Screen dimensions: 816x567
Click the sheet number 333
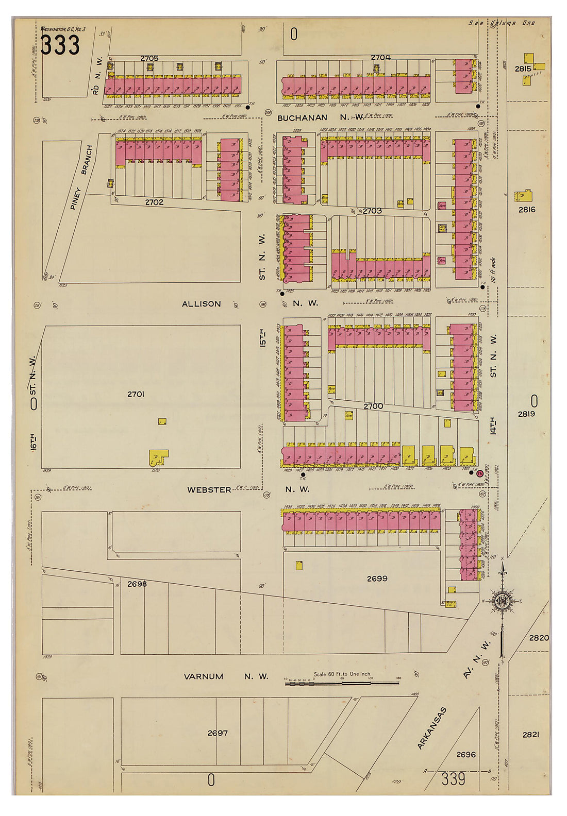click(60, 45)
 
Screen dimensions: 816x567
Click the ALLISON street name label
click(201, 304)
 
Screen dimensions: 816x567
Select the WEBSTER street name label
click(209, 490)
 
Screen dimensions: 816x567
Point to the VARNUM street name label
click(204, 676)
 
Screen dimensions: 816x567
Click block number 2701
click(135, 394)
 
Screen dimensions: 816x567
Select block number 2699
click(377, 579)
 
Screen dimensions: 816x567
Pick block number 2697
click(217, 733)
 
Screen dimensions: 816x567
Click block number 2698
click(137, 584)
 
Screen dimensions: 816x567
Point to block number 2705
click(149, 58)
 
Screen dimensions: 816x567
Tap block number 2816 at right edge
click(527, 210)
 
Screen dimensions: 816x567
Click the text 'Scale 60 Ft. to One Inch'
click(342, 674)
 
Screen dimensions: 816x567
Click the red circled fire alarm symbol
click(479, 473)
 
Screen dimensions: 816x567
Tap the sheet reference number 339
click(453, 779)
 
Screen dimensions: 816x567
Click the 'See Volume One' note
click(502, 23)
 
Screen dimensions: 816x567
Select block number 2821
click(530, 735)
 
